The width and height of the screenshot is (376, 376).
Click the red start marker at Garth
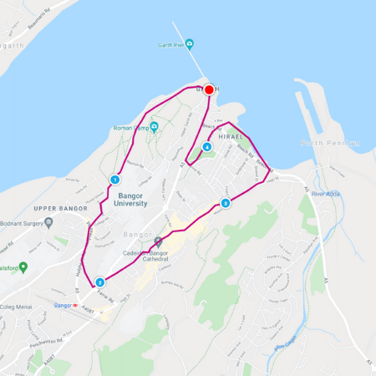point(209,89)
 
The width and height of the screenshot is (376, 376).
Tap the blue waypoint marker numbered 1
point(115,180)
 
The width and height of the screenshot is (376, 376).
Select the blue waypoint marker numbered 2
point(99,282)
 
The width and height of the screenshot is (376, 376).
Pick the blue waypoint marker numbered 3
point(225,203)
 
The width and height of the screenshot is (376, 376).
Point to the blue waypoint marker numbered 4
point(207,147)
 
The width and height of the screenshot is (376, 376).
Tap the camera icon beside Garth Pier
point(190,43)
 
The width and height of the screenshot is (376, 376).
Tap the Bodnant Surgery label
point(22,222)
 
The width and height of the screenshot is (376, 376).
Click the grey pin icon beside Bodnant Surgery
point(48,222)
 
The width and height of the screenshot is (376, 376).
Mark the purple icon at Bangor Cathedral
point(159,242)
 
